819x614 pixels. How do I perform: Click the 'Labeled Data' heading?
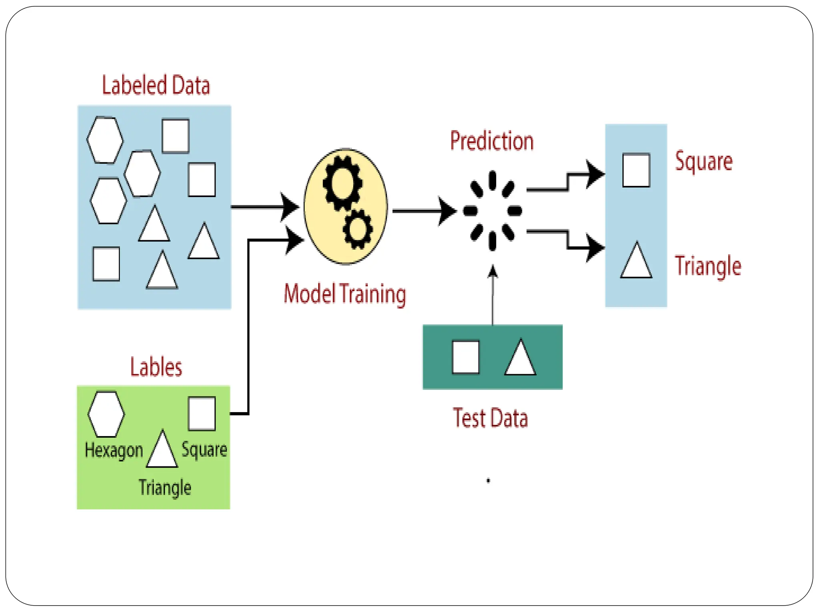pos(156,85)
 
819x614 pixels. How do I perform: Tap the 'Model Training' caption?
pos(345,294)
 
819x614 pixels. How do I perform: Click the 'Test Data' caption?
pos(490,418)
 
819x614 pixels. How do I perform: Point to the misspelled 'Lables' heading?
pos(156,367)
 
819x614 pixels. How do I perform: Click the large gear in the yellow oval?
pos(342,183)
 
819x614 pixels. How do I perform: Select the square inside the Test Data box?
pos(465,357)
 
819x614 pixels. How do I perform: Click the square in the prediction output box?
pos(636,170)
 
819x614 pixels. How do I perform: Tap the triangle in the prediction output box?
pos(636,263)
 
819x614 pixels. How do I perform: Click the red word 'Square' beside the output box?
pos(704,161)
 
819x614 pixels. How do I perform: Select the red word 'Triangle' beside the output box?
pos(708,266)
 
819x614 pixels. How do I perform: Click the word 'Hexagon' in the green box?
pos(114,451)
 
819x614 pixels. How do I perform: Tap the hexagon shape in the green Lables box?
pos(106,414)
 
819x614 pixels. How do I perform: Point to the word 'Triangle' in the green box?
pos(165,488)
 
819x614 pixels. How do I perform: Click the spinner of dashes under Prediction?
pos(492,211)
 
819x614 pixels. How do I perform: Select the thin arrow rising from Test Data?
pos(493,296)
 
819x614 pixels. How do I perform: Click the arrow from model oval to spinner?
pos(424,211)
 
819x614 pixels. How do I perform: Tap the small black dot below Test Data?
pos(488,480)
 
